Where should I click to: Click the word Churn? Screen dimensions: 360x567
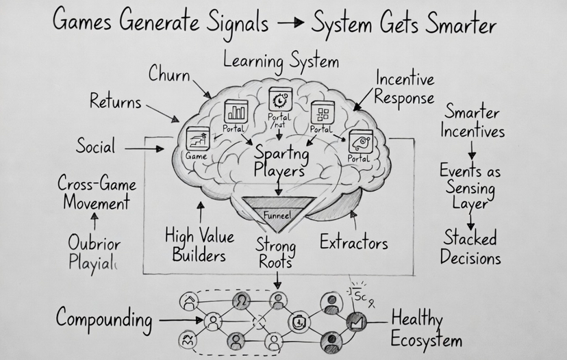point(169,74)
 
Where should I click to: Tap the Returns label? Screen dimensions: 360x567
point(115,102)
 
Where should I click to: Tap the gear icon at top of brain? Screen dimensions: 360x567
point(280,100)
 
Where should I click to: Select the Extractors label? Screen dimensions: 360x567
point(353,242)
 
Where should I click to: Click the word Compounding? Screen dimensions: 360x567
point(103,319)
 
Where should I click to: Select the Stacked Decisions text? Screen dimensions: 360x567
point(470,248)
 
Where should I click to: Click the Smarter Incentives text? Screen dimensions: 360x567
point(472,120)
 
